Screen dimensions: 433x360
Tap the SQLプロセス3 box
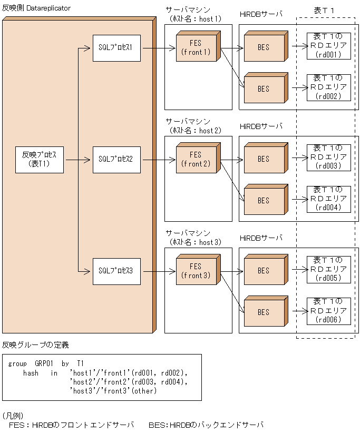click(x=116, y=271)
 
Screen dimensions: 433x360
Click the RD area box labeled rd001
click(x=328, y=46)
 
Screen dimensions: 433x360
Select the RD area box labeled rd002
click(x=328, y=87)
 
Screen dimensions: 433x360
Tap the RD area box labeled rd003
click(x=328, y=157)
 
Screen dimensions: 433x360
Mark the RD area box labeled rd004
click(x=328, y=199)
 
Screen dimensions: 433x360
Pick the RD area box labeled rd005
click(x=328, y=269)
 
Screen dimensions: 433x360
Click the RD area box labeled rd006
click(x=328, y=311)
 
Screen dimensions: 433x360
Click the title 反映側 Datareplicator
click(x=36, y=9)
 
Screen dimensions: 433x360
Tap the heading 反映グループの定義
click(x=35, y=345)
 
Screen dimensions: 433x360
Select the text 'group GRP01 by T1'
click(x=46, y=364)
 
